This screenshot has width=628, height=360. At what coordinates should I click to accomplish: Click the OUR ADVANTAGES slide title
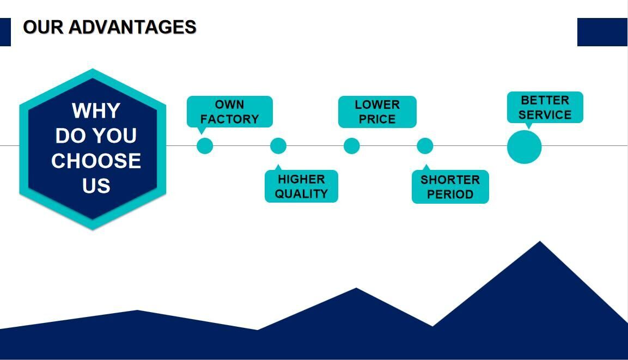(109, 27)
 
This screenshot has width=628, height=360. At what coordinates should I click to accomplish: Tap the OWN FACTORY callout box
(229, 112)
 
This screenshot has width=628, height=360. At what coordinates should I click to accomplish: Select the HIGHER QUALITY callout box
(301, 186)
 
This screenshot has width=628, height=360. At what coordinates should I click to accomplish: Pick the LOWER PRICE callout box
(377, 112)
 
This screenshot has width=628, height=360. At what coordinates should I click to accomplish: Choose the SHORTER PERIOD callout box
(450, 187)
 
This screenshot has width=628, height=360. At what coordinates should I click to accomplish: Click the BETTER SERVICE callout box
(545, 107)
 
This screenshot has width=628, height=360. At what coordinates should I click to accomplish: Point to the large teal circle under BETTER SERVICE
(524, 147)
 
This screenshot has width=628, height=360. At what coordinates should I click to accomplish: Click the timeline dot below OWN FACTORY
(204, 146)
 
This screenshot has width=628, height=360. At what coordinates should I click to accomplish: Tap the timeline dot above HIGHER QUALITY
(278, 146)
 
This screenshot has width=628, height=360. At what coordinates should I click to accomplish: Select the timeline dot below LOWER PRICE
(351, 146)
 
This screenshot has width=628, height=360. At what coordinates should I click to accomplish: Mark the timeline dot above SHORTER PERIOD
(425, 146)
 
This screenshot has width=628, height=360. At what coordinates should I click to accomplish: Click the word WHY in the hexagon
(96, 111)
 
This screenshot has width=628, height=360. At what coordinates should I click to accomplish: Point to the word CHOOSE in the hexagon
(96, 161)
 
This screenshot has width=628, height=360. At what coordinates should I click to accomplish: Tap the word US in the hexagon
(96, 186)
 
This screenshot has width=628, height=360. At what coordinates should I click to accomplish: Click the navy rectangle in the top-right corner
(602, 32)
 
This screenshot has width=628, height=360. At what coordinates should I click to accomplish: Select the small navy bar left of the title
(5, 32)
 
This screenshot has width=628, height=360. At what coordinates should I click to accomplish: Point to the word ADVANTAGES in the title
(132, 27)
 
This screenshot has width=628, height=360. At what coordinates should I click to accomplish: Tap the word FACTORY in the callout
(229, 119)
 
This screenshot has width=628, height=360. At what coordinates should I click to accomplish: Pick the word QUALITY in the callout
(301, 194)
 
